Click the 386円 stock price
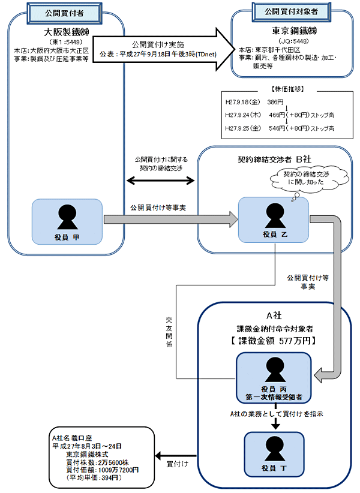pyautogui.click(x=275, y=103)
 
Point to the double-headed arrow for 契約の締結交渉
pyautogui.click(x=161, y=179)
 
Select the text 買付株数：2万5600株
pyautogui.click(x=95, y=462)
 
